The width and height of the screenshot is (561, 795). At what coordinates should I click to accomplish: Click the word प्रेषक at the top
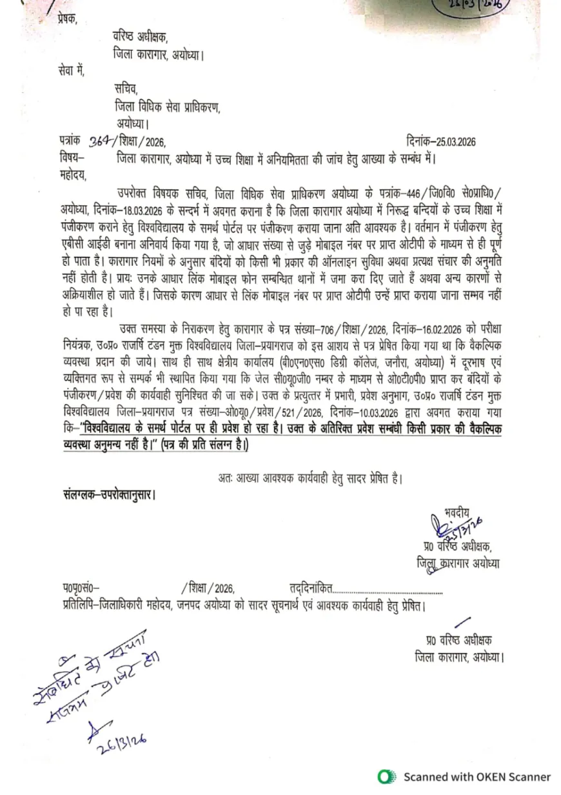click(66, 17)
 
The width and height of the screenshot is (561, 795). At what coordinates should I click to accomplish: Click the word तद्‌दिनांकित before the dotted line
click(311, 589)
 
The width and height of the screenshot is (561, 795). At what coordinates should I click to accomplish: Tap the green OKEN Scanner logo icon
click(386, 777)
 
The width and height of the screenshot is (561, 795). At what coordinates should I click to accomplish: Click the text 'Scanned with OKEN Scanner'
click(477, 777)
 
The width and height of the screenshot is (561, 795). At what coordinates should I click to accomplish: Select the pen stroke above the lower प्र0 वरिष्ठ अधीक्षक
click(460, 622)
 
